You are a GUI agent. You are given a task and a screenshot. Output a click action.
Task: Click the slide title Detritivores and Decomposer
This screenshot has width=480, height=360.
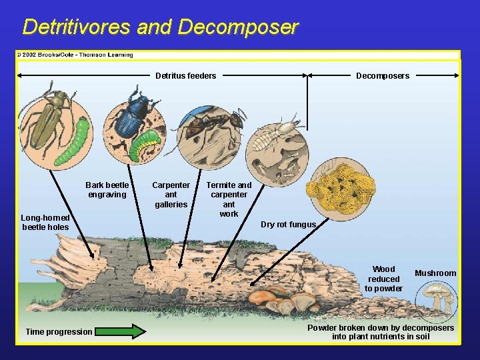coord(160,27)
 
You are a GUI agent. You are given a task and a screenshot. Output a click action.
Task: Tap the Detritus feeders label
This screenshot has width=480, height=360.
coord(185,76)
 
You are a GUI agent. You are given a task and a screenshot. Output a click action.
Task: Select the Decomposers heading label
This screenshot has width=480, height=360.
coord(383,76)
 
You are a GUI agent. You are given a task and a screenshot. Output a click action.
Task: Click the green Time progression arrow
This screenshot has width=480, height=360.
coord(120,331)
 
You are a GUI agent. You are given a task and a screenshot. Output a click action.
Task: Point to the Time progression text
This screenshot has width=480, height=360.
coord(59,332)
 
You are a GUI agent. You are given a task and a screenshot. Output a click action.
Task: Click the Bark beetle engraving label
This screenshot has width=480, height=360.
coord(107,190)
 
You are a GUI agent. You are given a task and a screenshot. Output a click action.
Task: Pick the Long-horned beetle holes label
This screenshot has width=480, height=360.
coord(45,223)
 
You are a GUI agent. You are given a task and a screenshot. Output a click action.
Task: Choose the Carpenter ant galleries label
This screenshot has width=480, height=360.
coord(171,195)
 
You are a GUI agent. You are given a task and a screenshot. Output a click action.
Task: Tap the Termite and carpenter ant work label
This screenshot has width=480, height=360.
coord(229,199)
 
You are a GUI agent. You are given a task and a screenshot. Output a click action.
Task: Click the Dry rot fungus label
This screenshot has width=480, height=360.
coord(288,225)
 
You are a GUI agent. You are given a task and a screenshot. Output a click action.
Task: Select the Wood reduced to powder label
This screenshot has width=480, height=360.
coord(383,279)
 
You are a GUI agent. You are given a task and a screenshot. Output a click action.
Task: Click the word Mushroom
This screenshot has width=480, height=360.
coord(435,273)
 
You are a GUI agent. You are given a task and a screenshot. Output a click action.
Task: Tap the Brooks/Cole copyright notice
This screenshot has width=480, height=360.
coord(75,55)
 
